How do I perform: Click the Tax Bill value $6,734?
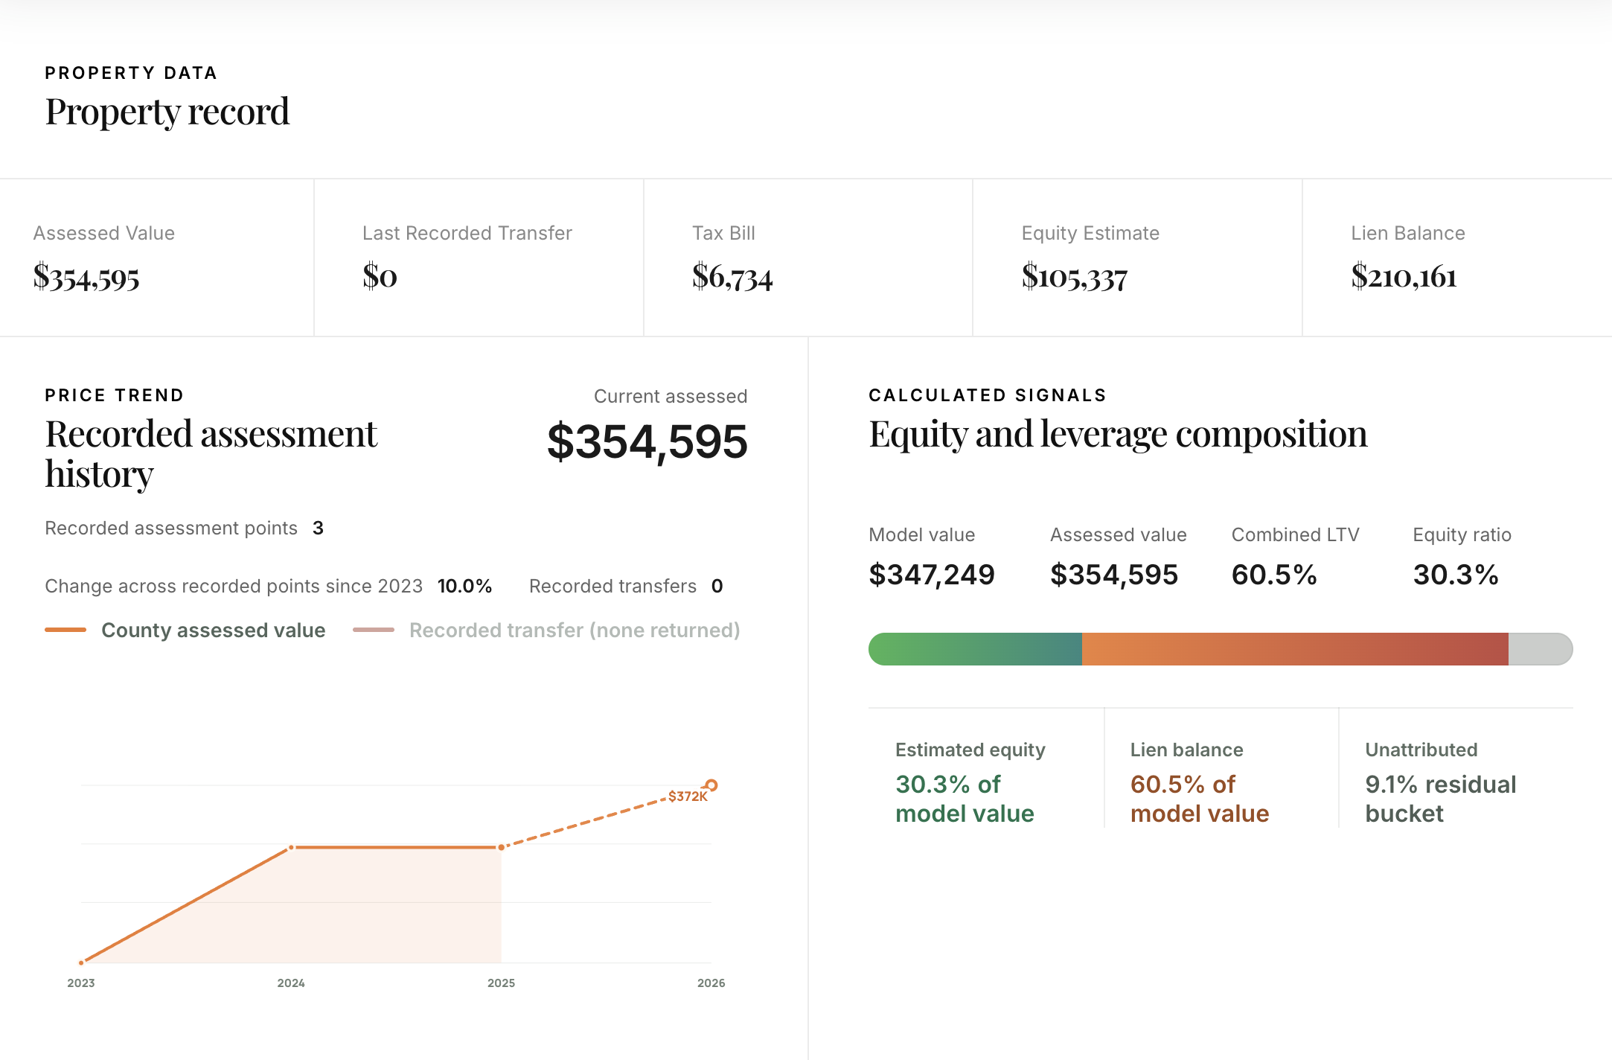click(x=732, y=277)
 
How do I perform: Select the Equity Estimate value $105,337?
click(x=1074, y=277)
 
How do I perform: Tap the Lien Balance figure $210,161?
click(x=1404, y=277)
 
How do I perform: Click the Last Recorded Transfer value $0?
click(x=380, y=276)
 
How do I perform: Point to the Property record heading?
click(x=167, y=112)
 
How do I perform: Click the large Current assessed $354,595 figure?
click(x=647, y=441)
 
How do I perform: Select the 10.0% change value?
click(x=464, y=586)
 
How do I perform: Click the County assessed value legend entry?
click(x=213, y=630)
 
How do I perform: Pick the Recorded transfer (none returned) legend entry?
click(x=574, y=630)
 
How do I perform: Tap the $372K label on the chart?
click(x=687, y=796)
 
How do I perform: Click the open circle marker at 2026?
click(x=711, y=785)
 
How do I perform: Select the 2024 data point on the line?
click(x=292, y=847)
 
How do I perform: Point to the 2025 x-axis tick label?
click(x=501, y=983)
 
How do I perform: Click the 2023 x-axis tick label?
click(x=81, y=983)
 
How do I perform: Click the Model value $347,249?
click(x=931, y=575)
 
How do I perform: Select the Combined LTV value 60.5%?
click(x=1274, y=575)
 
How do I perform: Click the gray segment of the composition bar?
click(x=1539, y=649)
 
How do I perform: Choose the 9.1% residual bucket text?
click(x=1440, y=799)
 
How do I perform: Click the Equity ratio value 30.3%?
click(x=1455, y=575)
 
